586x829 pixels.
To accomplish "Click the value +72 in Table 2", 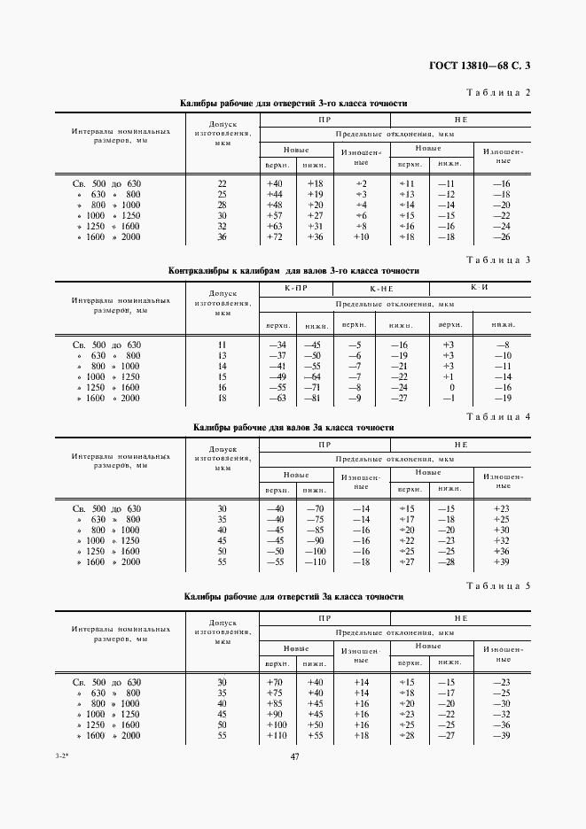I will [274, 236].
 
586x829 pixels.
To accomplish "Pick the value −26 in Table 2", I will [502, 236].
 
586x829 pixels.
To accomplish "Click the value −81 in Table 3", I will [314, 398].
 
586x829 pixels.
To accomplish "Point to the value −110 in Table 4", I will [314, 562].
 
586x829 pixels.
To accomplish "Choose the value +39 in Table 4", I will [502, 562].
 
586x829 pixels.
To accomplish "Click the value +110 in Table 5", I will [276, 735].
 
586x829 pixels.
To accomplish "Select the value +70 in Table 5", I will [274, 682].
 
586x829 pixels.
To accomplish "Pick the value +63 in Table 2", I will [274, 226].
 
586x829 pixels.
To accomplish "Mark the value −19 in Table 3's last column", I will [503, 398].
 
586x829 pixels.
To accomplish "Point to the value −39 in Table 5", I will [502, 735].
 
